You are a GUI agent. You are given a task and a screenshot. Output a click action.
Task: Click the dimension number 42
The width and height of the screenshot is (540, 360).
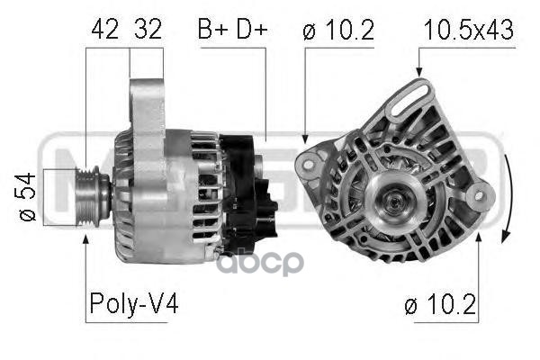click(x=105, y=30)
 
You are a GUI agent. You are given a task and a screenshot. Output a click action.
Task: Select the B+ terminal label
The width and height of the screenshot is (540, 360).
click(x=213, y=30)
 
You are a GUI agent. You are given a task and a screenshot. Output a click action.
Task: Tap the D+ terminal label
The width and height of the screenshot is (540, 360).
click(x=250, y=30)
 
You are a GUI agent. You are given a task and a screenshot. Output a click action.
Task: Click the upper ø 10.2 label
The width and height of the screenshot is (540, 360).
click(x=340, y=30)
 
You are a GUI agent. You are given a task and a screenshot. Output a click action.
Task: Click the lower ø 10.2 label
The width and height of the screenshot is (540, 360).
click(x=442, y=306)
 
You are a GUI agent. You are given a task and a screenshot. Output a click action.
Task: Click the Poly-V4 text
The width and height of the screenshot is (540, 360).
click(x=133, y=305)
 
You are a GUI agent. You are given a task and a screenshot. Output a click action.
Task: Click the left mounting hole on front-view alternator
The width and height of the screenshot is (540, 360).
click(x=307, y=163)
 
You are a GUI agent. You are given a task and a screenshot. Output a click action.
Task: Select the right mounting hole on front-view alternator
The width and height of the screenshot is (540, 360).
click(x=481, y=192)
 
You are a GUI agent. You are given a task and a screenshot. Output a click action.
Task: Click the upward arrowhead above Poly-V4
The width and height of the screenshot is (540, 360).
click(x=85, y=239)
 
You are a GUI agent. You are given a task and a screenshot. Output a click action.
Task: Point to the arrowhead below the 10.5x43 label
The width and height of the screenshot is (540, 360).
click(x=418, y=72)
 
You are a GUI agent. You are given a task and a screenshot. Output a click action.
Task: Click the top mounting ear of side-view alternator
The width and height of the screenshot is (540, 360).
click(x=145, y=99)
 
